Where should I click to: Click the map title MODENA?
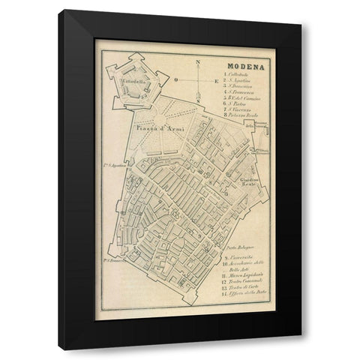pyautogui.click(x=243, y=65)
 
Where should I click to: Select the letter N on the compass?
pyautogui.click(x=196, y=63)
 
